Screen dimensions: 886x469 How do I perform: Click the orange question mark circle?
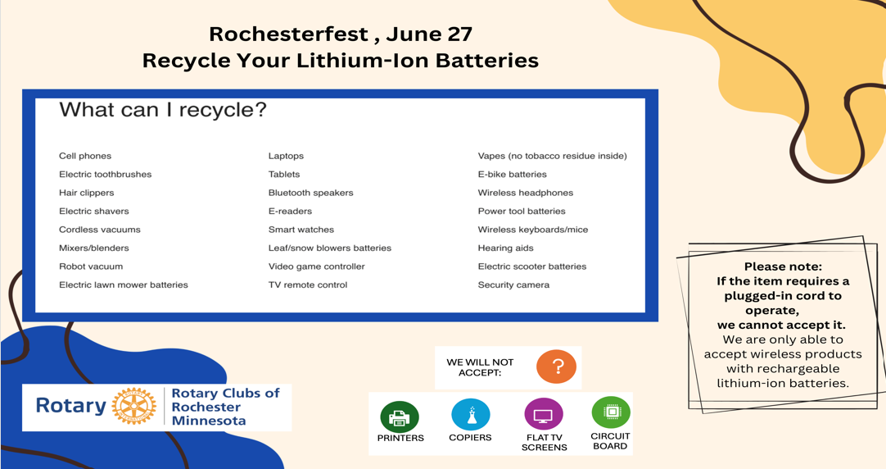[556, 367]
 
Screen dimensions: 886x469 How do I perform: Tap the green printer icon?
[400, 417]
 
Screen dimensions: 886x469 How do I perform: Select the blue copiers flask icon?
[470, 415]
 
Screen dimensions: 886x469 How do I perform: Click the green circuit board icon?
[611, 412]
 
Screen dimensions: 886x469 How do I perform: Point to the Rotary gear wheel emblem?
[134, 406]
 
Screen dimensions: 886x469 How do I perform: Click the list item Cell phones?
[85, 156]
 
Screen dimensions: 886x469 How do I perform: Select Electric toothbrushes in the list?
[105, 175]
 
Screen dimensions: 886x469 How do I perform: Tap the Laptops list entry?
[286, 156]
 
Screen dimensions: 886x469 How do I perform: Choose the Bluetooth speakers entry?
[311, 193]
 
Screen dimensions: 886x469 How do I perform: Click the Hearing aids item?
[506, 248]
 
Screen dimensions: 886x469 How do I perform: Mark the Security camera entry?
[513, 285]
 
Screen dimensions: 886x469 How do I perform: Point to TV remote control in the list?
[308, 285]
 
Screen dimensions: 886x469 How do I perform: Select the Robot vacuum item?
[91, 266]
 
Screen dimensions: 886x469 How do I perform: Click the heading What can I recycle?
[163, 110]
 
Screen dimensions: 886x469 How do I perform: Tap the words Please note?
[783, 266]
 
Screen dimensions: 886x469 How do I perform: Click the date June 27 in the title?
[429, 34]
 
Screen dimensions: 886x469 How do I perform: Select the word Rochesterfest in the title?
[289, 34]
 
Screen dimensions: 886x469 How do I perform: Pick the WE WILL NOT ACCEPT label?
[481, 367]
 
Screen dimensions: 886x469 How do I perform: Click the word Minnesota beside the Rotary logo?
[209, 421]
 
